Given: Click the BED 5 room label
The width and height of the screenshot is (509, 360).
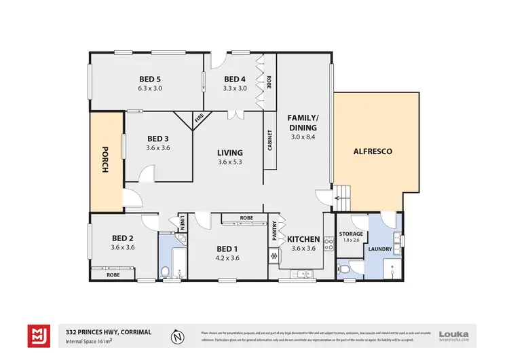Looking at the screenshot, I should point(149,78).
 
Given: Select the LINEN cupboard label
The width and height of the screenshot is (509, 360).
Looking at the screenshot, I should point(183,222).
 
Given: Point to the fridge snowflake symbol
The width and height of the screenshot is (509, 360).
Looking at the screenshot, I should point(274,257).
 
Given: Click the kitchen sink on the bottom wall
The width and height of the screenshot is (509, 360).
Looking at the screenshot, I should point(300,274).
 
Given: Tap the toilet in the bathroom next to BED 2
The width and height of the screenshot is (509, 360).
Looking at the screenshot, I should point(165,272).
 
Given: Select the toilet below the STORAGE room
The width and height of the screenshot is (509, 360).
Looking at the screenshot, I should point(345,269).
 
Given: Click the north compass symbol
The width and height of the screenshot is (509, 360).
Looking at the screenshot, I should point(177,336).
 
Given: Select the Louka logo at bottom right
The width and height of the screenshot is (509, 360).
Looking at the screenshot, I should point(454,334).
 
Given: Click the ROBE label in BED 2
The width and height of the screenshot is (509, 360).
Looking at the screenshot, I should point(114,276).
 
